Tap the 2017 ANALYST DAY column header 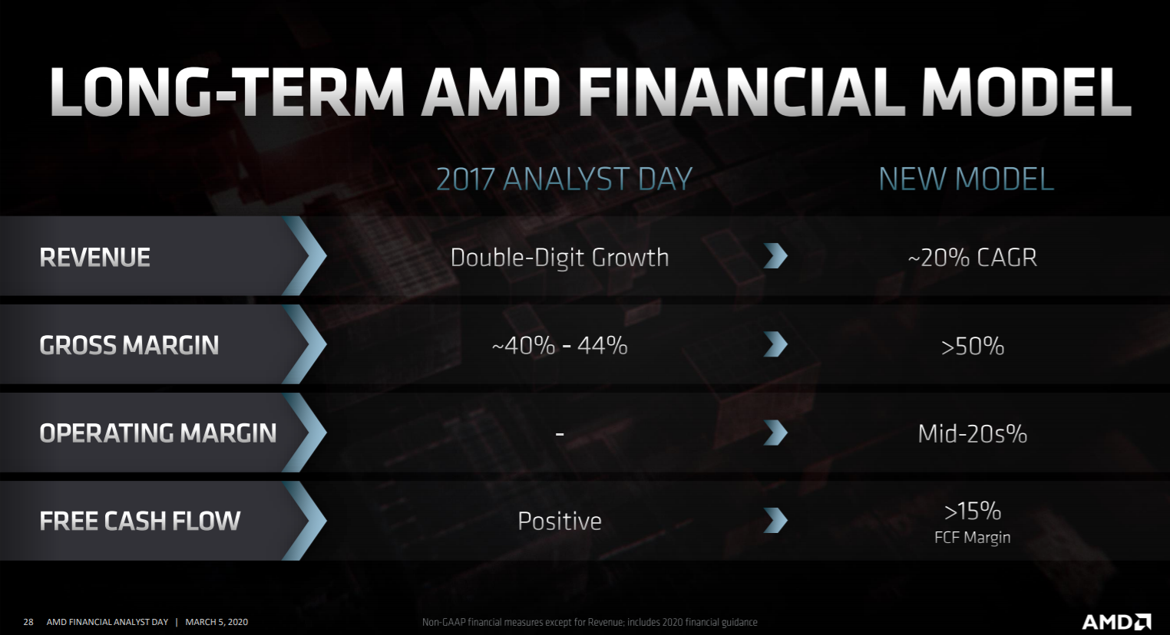564,179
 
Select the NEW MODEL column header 967,179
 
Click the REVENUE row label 94,257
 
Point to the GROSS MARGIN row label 129,345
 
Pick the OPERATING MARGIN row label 157,433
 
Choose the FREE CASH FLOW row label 140,521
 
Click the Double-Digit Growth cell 560,257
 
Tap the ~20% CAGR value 972,257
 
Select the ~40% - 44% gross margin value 560,345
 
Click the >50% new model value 972,346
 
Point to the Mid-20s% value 972,433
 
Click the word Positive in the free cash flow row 560,521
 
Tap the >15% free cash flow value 972,512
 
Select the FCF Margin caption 972,538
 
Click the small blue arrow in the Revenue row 775,256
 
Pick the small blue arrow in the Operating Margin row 775,433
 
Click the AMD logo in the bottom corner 1116,621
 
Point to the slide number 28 28,622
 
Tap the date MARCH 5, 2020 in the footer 216,622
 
